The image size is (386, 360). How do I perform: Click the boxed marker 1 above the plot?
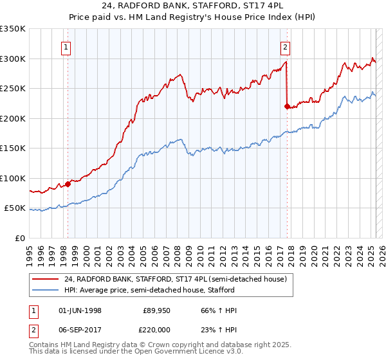click(x=67, y=46)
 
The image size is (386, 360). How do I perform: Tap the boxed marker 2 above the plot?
click(x=284, y=46)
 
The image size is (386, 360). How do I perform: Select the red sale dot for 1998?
click(x=68, y=184)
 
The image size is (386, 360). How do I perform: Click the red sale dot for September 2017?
click(x=287, y=107)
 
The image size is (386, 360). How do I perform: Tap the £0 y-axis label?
click(x=20, y=238)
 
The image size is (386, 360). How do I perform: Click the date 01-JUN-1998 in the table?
click(x=80, y=310)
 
